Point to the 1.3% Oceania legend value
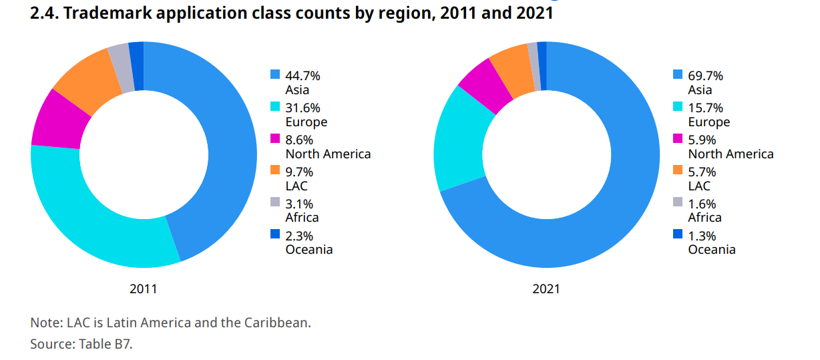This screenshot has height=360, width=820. tap(702, 236)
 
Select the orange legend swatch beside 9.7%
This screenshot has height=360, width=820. tap(275, 170)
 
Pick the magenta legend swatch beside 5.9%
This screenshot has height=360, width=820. tap(678, 138)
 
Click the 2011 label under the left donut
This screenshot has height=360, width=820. tap(144, 289)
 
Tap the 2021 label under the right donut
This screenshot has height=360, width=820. tap(546, 289)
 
